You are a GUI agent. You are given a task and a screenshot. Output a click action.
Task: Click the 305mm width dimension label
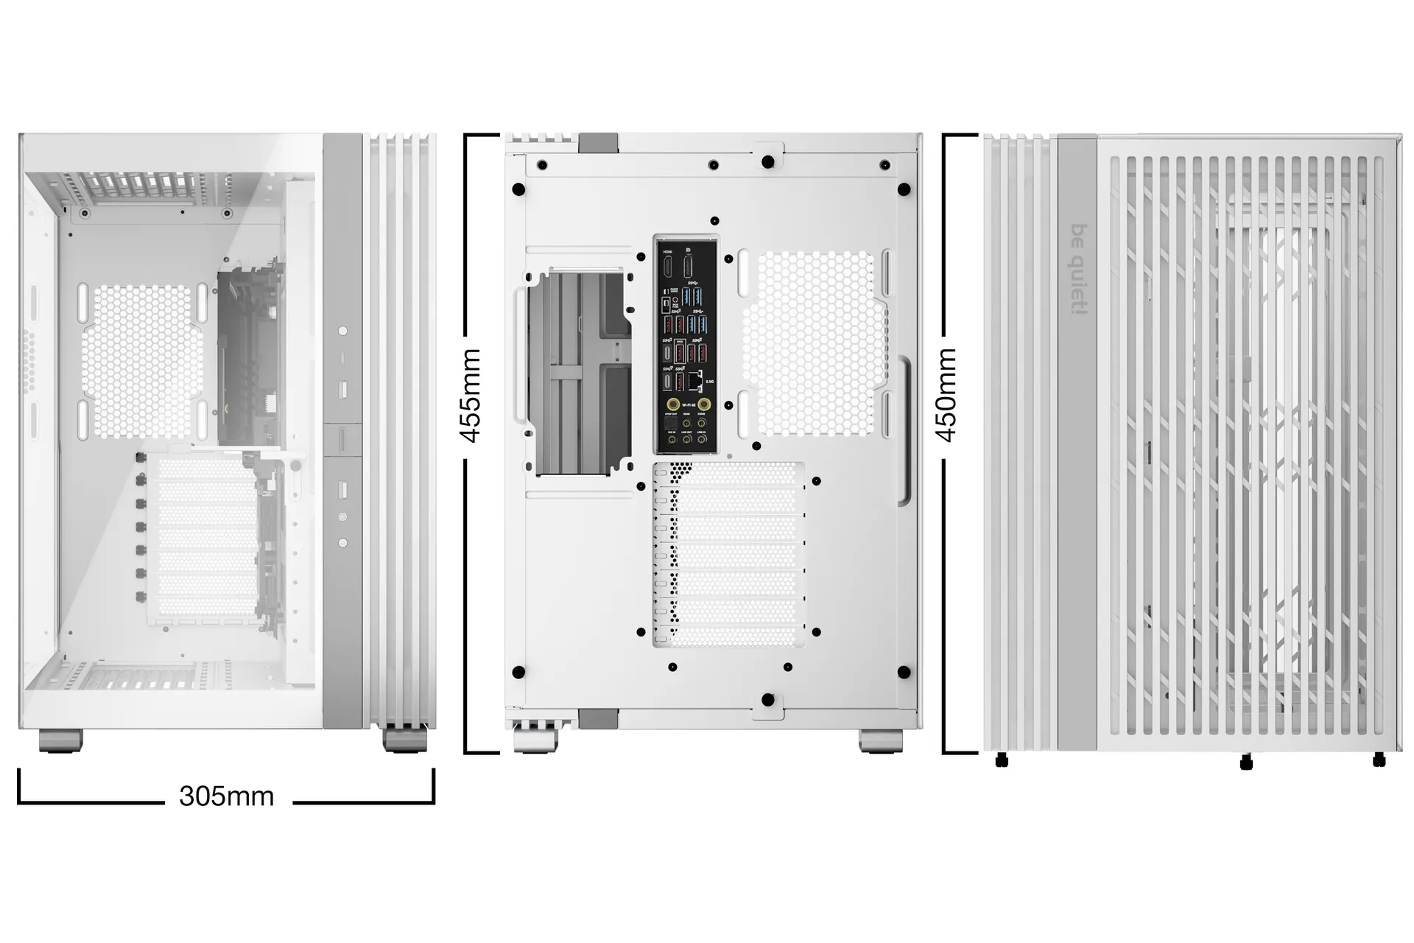point(226,796)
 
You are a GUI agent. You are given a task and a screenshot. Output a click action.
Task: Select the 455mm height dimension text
point(471,396)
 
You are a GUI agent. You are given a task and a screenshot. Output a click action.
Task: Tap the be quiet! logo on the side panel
point(1078,269)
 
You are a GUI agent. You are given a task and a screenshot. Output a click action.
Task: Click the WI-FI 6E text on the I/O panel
point(689,405)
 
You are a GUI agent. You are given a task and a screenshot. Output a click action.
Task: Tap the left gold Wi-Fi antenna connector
point(673,404)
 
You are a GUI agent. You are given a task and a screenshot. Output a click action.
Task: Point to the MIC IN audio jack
point(672,440)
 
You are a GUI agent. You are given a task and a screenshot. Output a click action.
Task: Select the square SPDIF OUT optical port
point(671,423)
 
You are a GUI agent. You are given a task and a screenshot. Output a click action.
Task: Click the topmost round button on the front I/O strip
point(342,332)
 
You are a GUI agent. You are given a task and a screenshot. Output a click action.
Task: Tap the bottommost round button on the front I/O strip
point(342,543)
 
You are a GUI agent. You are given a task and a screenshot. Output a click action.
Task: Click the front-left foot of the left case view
point(60,740)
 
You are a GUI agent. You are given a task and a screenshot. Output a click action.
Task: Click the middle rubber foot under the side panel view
point(1246,763)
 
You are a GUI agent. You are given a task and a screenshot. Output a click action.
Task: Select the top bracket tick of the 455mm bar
point(482,136)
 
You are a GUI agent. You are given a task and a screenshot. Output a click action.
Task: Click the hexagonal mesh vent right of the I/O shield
point(814,343)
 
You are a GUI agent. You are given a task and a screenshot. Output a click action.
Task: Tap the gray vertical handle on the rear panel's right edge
point(904,431)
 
